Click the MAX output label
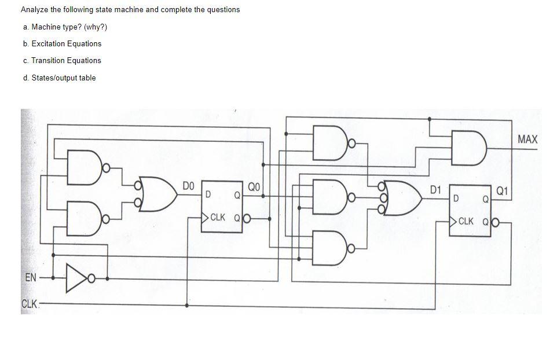tap(527, 139)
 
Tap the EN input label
tap(31, 278)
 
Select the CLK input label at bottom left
tap(30, 304)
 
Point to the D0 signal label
tap(188, 186)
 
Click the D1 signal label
tap(435, 189)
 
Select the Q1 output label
tap(502, 190)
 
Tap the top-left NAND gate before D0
tap(84, 168)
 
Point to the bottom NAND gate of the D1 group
tap(329, 248)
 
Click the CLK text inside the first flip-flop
tap(218, 218)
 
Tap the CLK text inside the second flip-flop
tap(466, 221)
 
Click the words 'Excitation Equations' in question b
tap(66, 43)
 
